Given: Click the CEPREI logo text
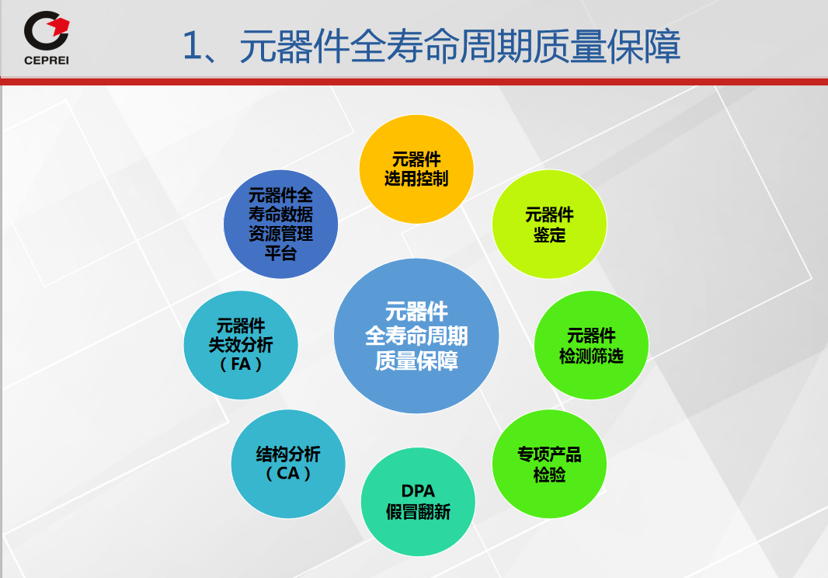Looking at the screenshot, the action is (x=47, y=61).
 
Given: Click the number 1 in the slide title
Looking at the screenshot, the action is (x=192, y=46).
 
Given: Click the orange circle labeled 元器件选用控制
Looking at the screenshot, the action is (x=416, y=169).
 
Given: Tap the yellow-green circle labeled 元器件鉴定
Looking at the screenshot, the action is (x=549, y=224).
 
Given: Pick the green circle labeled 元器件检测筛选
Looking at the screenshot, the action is (x=591, y=345).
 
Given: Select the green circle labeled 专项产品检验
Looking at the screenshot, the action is (x=549, y=464).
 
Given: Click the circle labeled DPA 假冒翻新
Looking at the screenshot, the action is (x=418, y=502).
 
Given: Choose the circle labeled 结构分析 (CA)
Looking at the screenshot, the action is (x=288, y=464).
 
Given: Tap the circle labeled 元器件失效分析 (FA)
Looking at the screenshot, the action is (x=241, y=345).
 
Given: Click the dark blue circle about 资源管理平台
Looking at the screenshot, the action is (x=281, y=224).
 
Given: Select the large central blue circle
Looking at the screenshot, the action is (x=416, y=336).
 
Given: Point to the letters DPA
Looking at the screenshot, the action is (x=418, y=491).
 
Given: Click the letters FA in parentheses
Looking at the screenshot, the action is (x=241, y=364).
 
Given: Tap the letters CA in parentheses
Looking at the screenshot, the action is (x=288, y=473).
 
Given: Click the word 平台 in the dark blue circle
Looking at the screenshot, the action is (x=281, y=253).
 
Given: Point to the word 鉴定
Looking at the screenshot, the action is (x=549, y=235).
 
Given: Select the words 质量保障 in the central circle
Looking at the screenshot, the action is (x=416, y=360).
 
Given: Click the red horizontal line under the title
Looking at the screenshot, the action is (x=414, y=82).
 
